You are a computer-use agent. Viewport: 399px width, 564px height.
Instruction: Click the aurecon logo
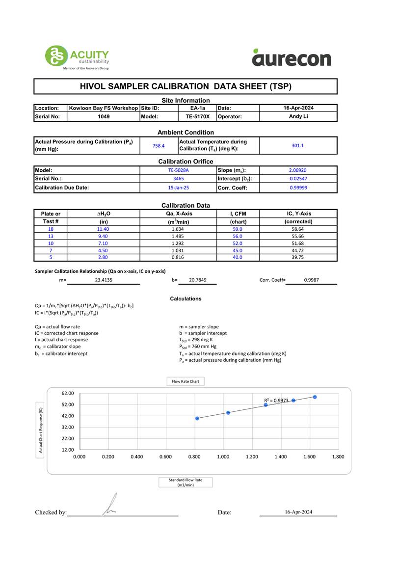292,58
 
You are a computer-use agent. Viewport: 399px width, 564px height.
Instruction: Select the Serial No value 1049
103,117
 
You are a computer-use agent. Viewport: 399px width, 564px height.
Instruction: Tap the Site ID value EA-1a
198,108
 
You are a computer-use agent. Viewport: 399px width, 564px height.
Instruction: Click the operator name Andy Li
298,117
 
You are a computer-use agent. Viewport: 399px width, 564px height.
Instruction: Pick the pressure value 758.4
159,146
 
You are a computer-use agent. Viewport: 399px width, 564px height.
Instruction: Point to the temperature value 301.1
298,146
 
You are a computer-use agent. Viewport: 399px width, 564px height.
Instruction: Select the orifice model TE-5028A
178,170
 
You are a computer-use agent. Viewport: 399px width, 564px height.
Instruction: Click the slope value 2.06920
298,170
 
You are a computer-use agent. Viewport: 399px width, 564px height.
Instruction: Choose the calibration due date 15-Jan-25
178,188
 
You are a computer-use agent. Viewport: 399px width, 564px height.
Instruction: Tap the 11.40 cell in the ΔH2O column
103,229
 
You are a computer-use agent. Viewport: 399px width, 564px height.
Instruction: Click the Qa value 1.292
178,243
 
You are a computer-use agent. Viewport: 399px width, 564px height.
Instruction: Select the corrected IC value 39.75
298,257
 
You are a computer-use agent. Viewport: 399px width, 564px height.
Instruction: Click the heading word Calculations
186,298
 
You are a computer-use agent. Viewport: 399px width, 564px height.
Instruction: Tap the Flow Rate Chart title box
186,381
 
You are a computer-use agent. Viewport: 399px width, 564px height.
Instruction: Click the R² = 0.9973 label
276,401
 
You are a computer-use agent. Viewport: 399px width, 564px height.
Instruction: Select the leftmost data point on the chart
197,418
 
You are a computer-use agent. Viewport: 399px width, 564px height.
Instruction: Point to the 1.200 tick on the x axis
252,457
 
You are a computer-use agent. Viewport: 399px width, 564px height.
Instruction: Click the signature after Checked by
110,506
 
